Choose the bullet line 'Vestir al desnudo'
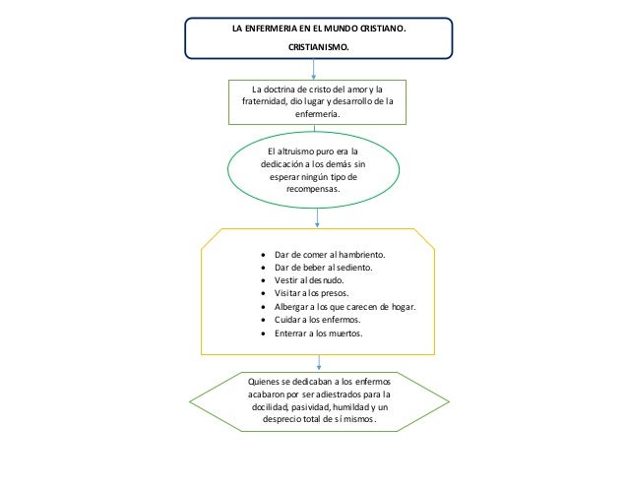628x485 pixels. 309,280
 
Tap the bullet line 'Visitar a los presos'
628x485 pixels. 312,293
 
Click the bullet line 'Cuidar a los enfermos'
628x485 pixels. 318,320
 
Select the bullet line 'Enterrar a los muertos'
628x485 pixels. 319,333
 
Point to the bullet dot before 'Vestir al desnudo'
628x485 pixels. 262,280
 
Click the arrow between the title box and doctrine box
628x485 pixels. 314,69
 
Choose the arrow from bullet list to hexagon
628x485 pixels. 315,361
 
